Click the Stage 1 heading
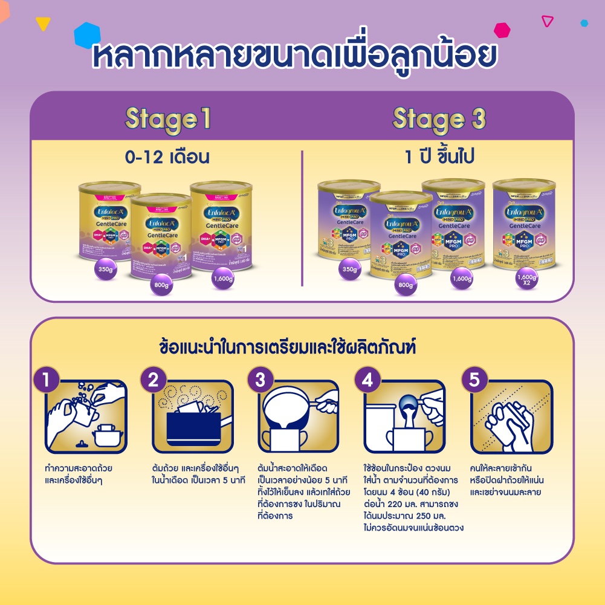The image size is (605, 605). [167, 120]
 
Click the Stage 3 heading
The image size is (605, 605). [439, 120]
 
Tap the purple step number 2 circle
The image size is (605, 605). [153, 381]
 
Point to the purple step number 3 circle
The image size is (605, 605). [260, 381]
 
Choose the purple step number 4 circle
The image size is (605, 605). [367, 381]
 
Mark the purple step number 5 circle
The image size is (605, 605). [474, 381]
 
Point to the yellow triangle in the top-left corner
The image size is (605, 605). [43, 24]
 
